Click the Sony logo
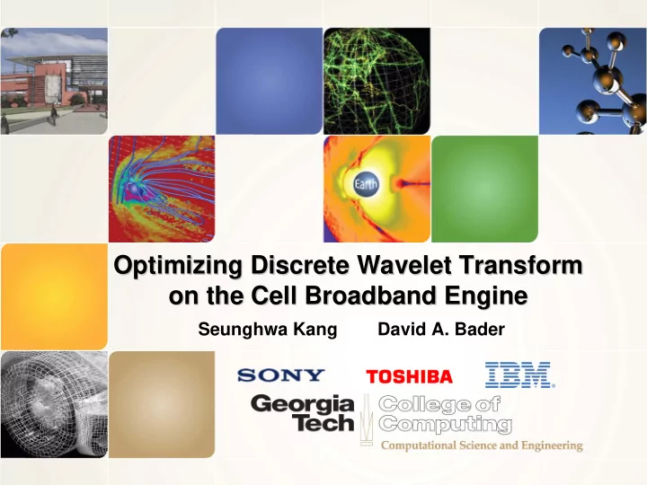tap(281, 375)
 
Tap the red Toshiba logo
tap(410, 376)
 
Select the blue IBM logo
tap(519, 375)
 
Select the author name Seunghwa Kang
tap(268, 330)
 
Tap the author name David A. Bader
tap(441, 329)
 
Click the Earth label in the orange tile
tap(366, 183)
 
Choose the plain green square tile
tap(485, 189)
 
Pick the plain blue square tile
tap(270, 81)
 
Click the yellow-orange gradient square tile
tap(54, 296)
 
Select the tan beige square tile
tap(162, 404)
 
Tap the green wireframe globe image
tap(377, 81)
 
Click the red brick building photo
tap(54, 81)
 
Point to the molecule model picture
tap(593, 81)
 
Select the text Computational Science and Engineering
tap(482, 445)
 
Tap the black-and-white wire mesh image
tap(54, 404)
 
